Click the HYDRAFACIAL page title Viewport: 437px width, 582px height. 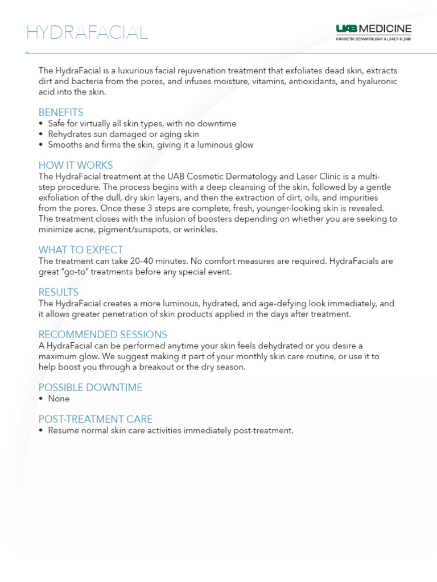point(87,32)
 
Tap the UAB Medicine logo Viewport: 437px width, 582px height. point(373,32)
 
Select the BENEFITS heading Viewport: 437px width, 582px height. point(61,112)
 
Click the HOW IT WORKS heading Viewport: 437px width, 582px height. point(76,165)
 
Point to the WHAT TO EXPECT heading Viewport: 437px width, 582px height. point(81,250)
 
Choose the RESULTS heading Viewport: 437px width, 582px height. point(59,292)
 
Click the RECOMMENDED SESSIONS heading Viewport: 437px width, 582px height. point(103,334)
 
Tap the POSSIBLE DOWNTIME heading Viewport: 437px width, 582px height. point(90,388)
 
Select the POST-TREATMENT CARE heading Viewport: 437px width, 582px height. point(96,419)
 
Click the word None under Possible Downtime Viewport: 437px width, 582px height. point(59,399)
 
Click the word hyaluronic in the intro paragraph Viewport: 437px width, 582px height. point(376,82)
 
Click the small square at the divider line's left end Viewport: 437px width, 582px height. point(27,53)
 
